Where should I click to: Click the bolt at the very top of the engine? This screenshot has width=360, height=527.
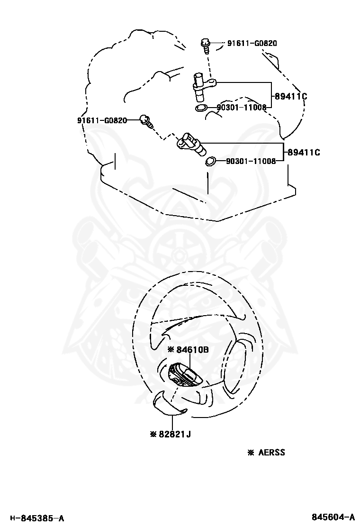(206, 45)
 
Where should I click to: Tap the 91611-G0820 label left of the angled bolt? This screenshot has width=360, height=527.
(102, 120)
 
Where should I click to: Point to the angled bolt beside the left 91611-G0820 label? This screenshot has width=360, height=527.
(146, 121)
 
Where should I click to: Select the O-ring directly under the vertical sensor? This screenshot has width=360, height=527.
(201, 109)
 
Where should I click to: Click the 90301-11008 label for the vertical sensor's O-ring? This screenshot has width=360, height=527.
(242, 108)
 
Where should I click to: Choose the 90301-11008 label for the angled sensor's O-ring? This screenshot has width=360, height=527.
(251, 161)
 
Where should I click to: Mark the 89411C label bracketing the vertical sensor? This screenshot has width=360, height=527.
(291, 97)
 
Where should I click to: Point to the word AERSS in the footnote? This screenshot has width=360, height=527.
(271, 453)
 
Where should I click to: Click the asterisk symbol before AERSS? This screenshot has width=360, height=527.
(251, 453)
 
